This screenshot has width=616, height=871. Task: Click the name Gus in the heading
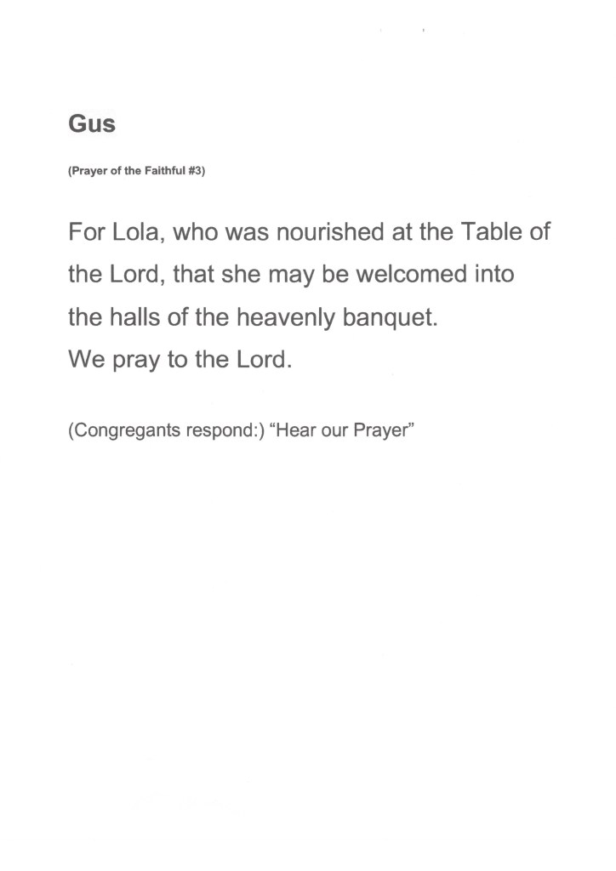[x=91, y=124]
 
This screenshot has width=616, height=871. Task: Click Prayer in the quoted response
[x=382, y=429]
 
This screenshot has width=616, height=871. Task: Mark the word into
[x=494, y=275]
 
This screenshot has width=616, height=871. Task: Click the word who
[x=197, y=233]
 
